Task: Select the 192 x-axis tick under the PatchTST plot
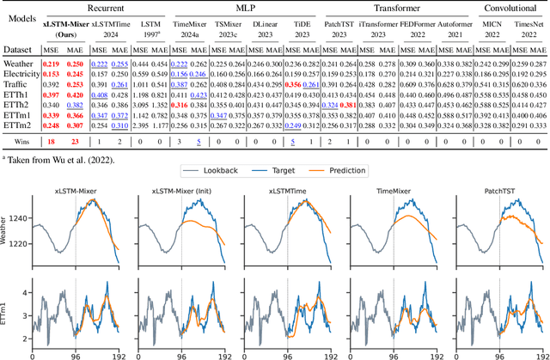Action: pyautogui.click(x=542, y=354)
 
